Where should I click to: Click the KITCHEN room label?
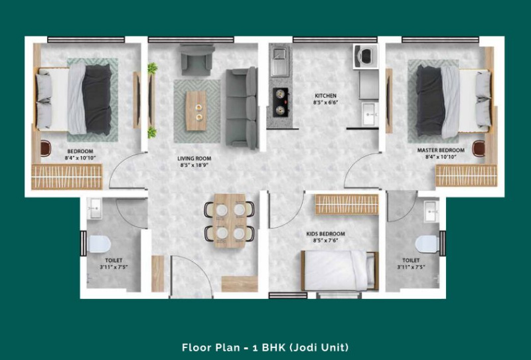tap(325, 96)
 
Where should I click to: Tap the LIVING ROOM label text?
tap(194, 158)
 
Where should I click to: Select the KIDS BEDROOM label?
tap(325, 234)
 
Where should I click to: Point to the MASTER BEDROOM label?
tap(441, 150)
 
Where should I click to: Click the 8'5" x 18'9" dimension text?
tap(194, 165)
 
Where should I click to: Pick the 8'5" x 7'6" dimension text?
tap(325, 240)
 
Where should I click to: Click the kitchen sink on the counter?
tap(279, 62)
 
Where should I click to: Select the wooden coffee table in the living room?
tap(196, 111)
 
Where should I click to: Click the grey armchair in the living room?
tap(196, 60)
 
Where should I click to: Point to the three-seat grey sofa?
tap(242, 108)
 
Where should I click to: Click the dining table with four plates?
tap(230, 221)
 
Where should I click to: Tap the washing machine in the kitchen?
tap(366, 56)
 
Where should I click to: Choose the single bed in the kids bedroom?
tap(339, 270)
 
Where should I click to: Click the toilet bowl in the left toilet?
tap(99, 244)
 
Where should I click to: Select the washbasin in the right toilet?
tap(431, 211)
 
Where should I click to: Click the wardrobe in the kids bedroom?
tap(346, 204)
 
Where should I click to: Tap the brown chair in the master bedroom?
tap(479, 148)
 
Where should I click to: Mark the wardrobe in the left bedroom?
tap(67, 177)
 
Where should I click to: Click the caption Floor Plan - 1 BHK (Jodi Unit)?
tap(265, 347)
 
